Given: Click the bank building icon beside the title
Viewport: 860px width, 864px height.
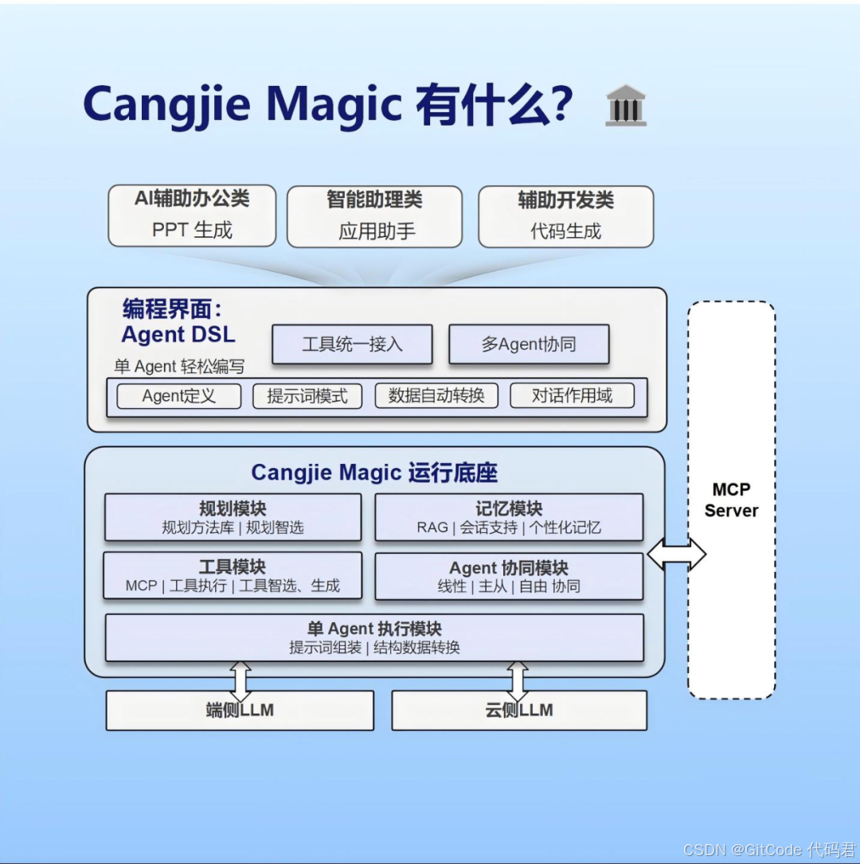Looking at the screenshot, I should (x=626, y=105).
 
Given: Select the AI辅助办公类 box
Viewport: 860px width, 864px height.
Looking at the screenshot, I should (x=192, y=216).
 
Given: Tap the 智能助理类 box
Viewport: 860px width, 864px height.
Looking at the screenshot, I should (x=374, y=216).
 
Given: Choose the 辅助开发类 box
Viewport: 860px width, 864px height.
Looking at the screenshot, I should (x=565, y=216).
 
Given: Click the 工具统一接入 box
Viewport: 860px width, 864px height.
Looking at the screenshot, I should (x=352, y=344).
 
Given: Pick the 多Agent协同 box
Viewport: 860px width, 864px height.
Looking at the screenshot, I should (x=529, y=344).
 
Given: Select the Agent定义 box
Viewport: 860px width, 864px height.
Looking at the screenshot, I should (x=178, y=396).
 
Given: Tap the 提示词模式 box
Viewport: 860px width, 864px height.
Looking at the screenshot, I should (x=307, y=396).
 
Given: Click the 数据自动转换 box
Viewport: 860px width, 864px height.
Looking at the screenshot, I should (x=436, y=395).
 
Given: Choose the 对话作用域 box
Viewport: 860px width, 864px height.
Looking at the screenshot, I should (x=573, y=395).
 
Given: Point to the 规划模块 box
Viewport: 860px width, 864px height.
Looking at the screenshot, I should (x=233, y=517).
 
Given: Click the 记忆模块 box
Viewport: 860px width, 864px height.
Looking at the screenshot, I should (x=509, y=517).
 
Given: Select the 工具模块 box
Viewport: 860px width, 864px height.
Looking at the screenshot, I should (x=233, y=576).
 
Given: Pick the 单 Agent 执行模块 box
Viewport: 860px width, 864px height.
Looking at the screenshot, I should (x=374, y=637).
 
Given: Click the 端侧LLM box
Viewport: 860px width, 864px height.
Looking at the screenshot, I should (x=240, y=710).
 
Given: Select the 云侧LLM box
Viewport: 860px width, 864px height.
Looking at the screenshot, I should (x=519, y=710).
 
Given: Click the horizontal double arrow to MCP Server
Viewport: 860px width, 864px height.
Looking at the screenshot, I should (x=676, y=554).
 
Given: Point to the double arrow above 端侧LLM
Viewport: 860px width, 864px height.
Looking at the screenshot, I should (x=240, y=681).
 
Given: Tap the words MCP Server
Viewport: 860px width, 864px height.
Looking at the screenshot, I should (x=731, y=500).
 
